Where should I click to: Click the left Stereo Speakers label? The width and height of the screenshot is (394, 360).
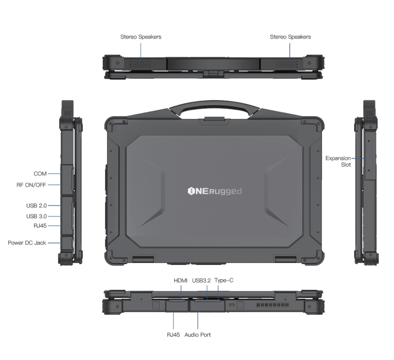click(x=141, y=37)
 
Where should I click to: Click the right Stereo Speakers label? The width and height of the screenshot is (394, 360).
click(x=290, y=37)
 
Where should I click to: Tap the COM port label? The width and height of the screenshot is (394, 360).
click(x=40, y=174)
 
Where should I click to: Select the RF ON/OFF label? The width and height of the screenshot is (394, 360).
click(x=31, y=185)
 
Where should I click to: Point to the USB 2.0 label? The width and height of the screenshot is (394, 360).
click(x=37, y=205)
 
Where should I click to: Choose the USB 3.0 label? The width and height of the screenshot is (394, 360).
click(x=37, y=216)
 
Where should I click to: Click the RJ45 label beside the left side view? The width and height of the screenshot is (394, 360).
click(x=40, y=226)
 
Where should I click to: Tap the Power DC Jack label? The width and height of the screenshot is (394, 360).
click(x=27, y=243)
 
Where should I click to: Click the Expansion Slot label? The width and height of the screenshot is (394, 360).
click(x=338, y=161)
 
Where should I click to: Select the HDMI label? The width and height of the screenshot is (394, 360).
click(x=180, y=280)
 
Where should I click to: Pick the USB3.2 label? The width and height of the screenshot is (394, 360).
click(x=201, y=280)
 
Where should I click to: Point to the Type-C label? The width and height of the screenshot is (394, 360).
click(x=224, y=280)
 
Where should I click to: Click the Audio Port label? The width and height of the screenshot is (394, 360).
click(x=197, y=335)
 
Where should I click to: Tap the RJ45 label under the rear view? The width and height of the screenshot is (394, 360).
click(x=173, y=335)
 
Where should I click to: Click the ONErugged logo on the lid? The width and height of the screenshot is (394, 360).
click(x=215, y=191)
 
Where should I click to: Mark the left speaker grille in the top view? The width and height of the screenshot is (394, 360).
click(x=141, y=64)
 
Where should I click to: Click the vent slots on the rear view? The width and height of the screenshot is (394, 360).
click(x=272, y=305)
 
